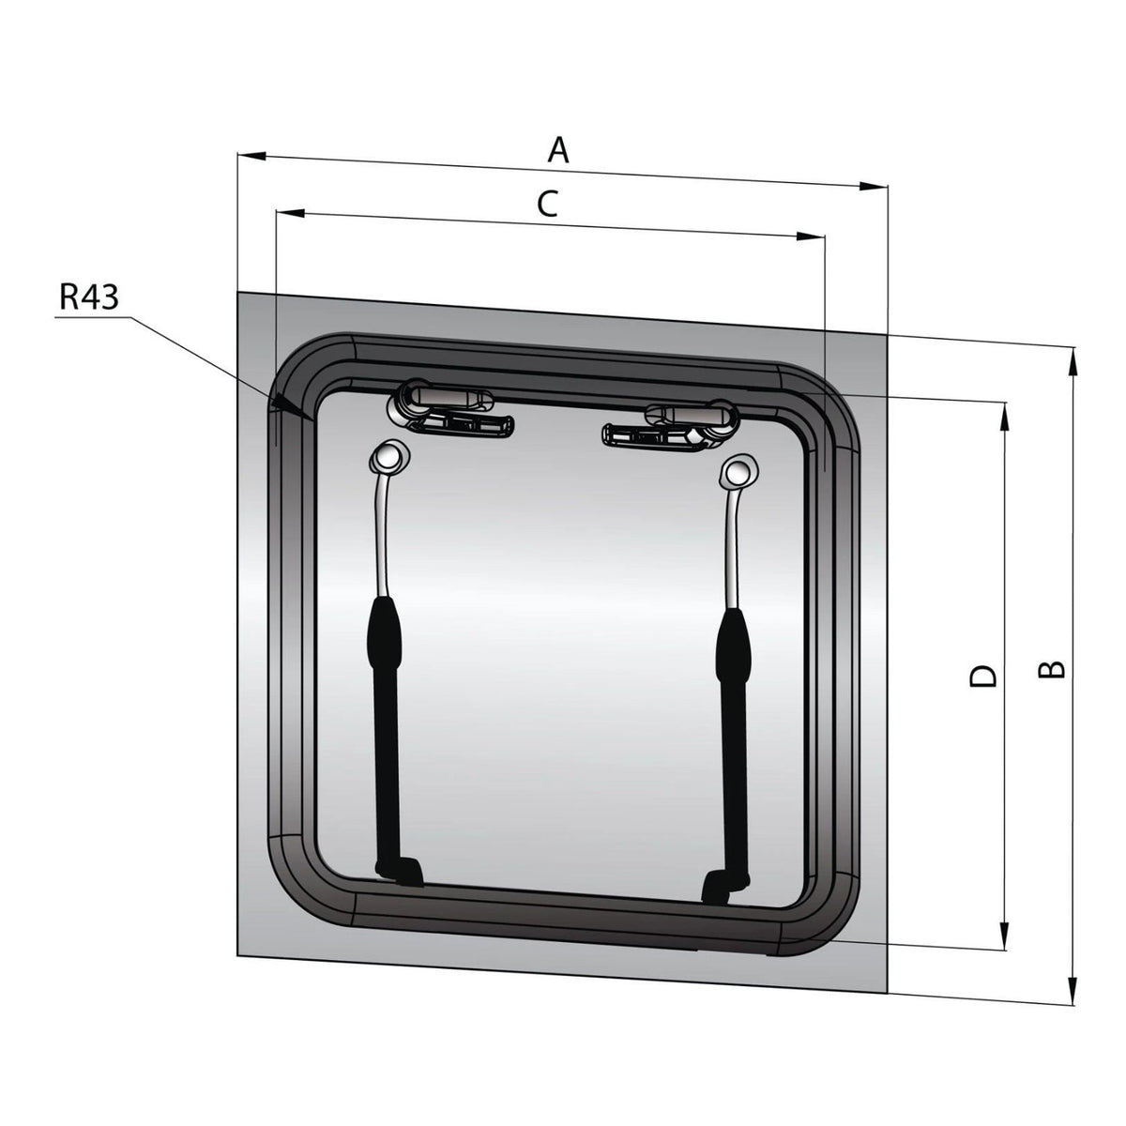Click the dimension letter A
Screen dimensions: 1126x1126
pyautogui.click(x=557, y=149)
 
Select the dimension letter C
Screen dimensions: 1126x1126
pyautogui.click(x=547, y=204)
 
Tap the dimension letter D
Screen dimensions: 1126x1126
pyautogui.click(x=982, y=676)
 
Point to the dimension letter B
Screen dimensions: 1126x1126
pyautogui.click(x=1051, y=670)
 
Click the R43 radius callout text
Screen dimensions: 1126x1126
pyautogui.click(x=89, y=297)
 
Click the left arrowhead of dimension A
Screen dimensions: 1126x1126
pyautogui.click(x=251, y=156)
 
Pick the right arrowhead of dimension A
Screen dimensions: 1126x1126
pyautogui.click(x=873, y=186)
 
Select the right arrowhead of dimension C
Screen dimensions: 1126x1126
pyautogui.click(x=811, y=236)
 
